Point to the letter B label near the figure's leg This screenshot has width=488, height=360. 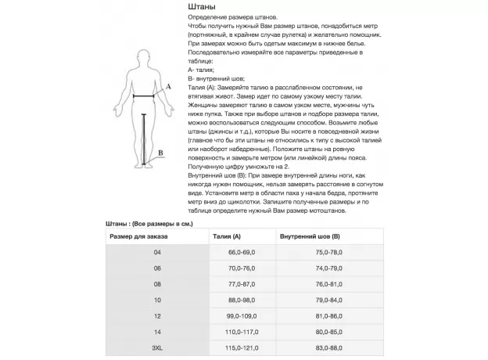tap(160, 153)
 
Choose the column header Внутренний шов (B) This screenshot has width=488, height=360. tap(310, 236)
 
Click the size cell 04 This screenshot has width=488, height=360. tap(157, 252)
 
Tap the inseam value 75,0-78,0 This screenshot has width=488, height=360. tap(328, 252)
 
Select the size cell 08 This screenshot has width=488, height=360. tap(157, 283)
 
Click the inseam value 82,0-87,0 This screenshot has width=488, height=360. tap(328, 332)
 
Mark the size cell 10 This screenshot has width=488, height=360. tap(157, 300)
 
